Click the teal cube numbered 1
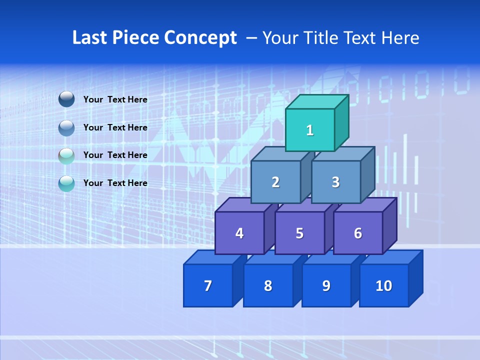click(x=310, y=130)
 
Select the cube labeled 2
click(x=275, y=182)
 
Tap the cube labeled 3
click(x=335, y=182)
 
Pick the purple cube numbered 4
click(x=239, y=233)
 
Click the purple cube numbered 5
click(x=299, y=233)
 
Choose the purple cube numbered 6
click(x=358, y=233)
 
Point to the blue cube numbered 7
click(x=208, y=285)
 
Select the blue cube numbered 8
click(x=268, y=285)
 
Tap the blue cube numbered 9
click(x=326, y=285)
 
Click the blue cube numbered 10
click(x=383, y=285)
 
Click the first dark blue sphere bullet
click(x=66, y=99)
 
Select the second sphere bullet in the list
click(x=66, y=128)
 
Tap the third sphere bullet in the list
click(x=66, y=156)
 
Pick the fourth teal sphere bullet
click(x=66, y=184)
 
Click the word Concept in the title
click(x=200, y=38)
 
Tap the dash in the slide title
click(x=252, y=38)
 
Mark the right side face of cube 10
click(x=416, y=278)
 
